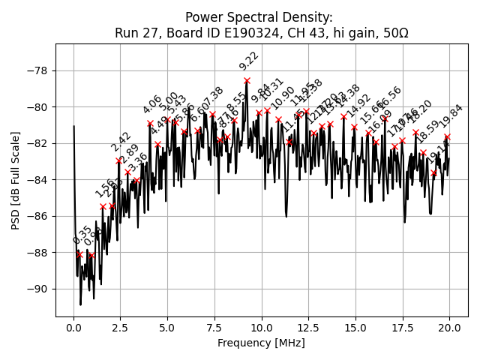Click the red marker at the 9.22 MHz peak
247,80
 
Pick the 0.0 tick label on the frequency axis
73,328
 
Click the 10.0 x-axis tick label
262,328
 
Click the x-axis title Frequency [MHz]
261,343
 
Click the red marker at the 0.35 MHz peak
80,254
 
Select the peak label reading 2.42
121,142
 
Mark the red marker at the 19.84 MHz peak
447,137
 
